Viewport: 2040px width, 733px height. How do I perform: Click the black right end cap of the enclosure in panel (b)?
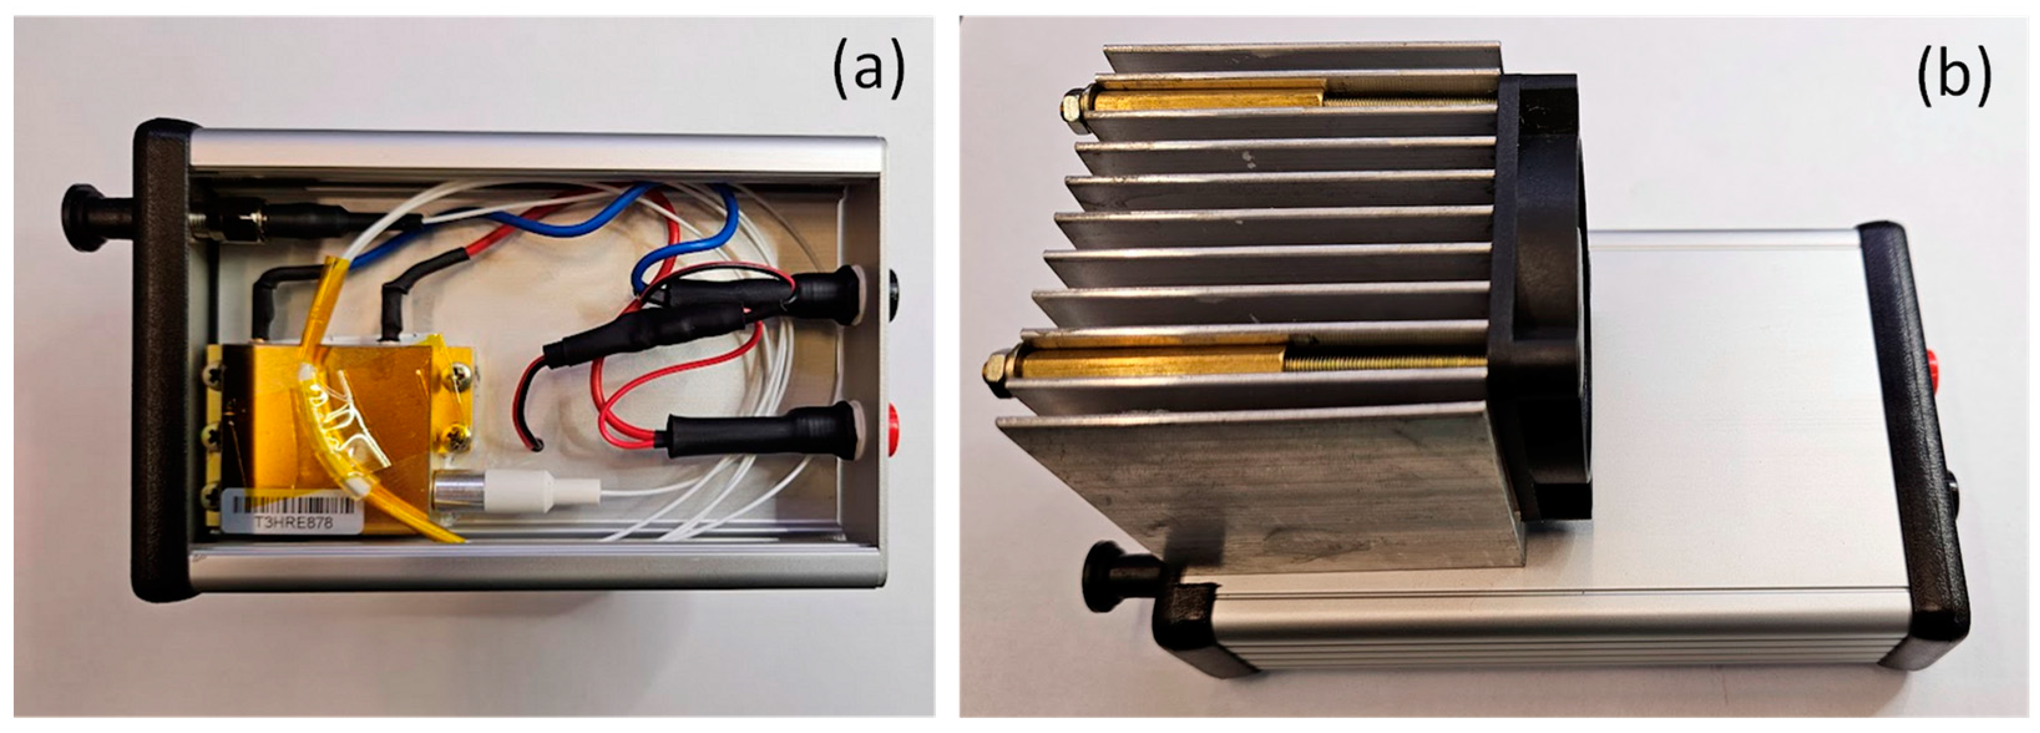point(1917,443)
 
